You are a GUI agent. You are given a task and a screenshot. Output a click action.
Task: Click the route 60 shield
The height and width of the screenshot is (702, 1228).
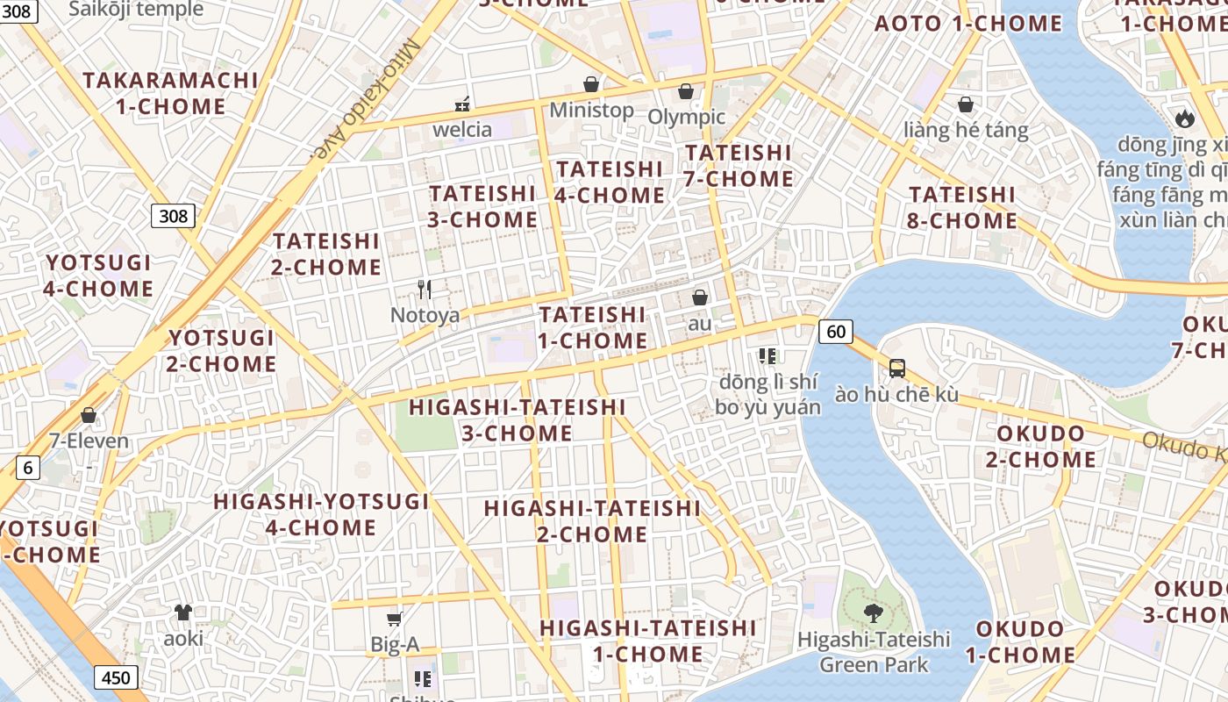click(836, 331)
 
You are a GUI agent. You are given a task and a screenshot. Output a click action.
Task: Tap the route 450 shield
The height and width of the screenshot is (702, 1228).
click(115, 677)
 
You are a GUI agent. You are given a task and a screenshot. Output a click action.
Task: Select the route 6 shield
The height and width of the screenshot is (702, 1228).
click(27, 468)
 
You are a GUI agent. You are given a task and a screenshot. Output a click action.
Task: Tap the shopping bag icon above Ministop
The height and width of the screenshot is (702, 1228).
click(591, 85)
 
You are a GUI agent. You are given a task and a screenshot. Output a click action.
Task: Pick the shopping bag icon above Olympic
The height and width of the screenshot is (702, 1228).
click(686, 91)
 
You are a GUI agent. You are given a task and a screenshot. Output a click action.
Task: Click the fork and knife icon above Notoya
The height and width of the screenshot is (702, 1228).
click(425, 290)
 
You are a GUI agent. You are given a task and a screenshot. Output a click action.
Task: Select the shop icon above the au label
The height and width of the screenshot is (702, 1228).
click(700, 298)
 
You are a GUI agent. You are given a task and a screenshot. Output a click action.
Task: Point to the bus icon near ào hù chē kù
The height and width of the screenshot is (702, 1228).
click(896, 369)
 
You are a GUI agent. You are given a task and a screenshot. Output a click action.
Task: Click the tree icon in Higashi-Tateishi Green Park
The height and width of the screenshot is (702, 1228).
click(873, 612)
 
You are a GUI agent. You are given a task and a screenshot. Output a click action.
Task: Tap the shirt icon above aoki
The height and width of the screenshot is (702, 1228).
click(183, 612)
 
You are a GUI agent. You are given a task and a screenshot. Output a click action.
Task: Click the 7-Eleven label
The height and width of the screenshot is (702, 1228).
click(89, 441)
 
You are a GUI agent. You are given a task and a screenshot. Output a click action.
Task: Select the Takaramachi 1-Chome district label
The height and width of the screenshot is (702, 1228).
click(171, 93)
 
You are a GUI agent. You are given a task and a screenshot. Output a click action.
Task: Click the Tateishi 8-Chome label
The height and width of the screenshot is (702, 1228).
click(962, 207)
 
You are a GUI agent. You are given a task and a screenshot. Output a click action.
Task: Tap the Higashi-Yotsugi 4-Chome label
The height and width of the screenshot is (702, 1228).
click(321, 514)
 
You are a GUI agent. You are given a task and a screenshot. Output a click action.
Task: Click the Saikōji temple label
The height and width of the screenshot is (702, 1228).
click(136, 10)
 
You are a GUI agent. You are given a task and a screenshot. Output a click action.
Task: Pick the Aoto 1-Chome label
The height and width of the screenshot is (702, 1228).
click(968, 24)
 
